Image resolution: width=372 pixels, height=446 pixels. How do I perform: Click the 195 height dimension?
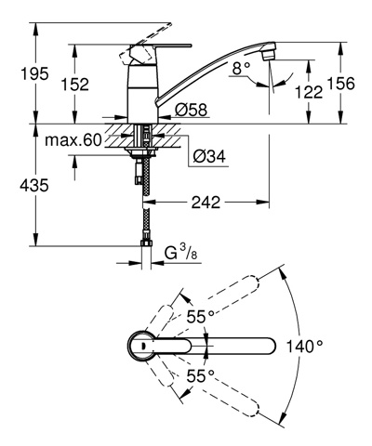34,74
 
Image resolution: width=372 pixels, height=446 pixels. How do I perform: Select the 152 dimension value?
75,84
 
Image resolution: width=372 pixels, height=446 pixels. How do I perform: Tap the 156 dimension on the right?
340,84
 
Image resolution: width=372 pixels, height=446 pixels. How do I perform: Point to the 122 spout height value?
309,92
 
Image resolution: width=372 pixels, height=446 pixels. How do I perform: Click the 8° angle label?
241,68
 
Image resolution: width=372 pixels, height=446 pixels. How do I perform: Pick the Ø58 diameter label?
191,110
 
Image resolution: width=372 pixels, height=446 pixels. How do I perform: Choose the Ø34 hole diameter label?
209,156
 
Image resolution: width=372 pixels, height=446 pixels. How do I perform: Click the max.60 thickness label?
73,140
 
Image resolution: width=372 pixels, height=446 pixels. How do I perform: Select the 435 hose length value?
34,185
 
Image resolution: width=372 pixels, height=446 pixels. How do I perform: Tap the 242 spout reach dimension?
206,203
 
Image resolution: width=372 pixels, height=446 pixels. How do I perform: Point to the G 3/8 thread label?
179,254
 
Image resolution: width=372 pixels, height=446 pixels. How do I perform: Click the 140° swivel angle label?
304,346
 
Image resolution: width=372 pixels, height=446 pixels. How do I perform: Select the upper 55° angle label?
200,317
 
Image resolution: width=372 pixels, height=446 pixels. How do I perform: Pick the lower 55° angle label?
200,376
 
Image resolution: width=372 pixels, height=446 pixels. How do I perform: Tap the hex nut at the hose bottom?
146,243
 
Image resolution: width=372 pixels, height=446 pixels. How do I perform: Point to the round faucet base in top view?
140,346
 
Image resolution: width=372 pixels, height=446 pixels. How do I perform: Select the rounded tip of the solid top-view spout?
270,346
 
